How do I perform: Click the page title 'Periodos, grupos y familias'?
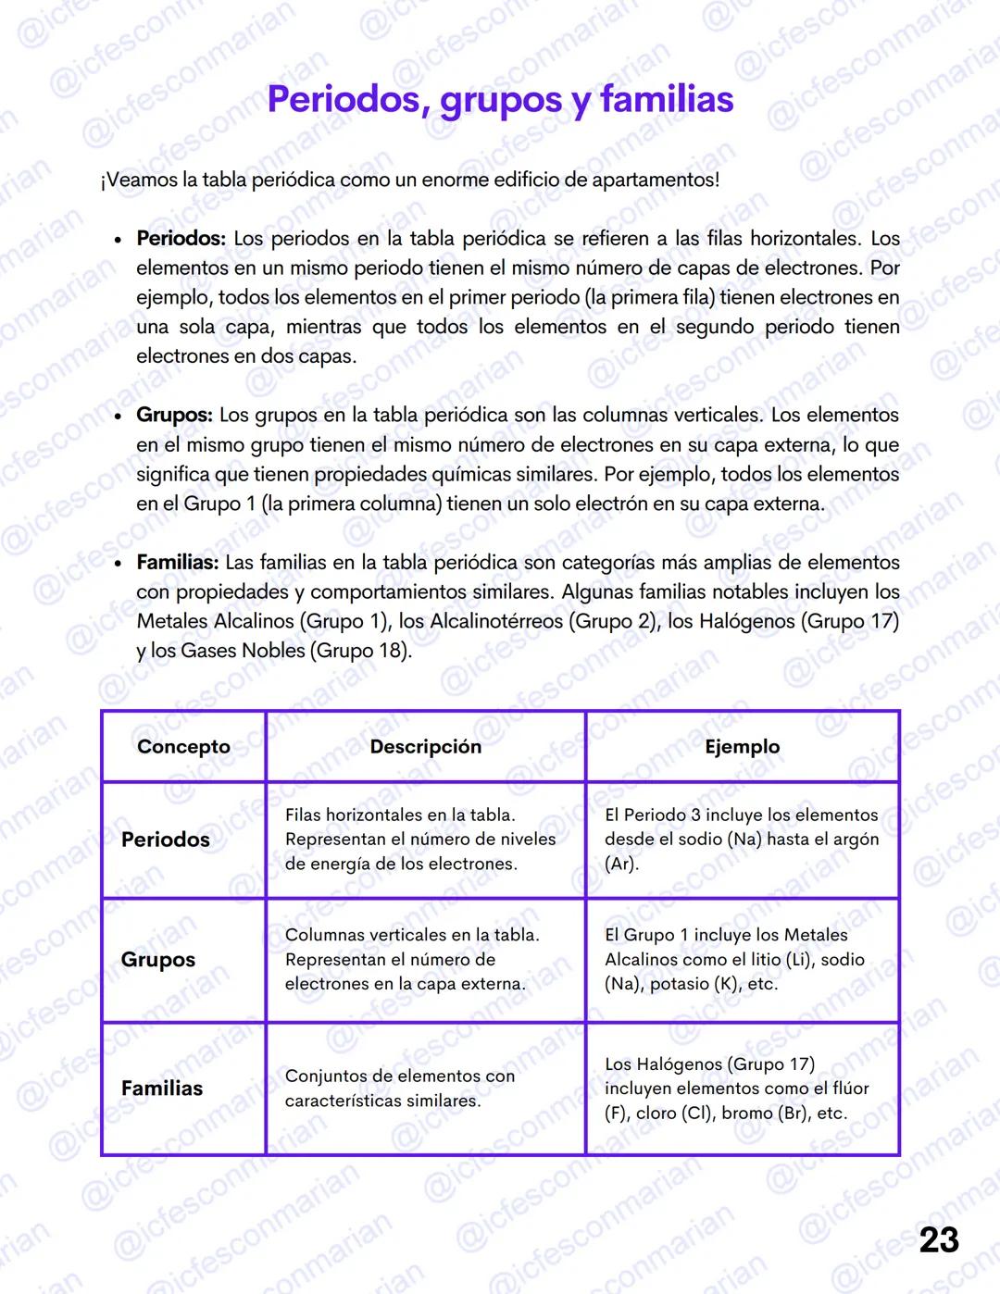500,100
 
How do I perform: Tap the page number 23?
938,1240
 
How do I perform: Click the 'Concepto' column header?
183,747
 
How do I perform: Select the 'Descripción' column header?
425,747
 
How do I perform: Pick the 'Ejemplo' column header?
742,747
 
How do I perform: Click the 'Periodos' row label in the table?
166,840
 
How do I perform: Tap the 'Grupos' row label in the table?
158,960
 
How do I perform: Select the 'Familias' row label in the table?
162,1089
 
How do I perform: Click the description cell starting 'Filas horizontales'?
420,840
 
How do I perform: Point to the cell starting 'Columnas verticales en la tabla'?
412,960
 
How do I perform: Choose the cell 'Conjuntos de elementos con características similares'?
399,1089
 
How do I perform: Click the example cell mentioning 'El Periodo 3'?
741,840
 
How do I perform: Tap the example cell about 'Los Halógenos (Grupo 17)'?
736,1089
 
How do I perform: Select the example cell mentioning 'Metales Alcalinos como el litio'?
734,960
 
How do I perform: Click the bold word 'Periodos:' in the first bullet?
181,239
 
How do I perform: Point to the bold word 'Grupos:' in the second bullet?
174,416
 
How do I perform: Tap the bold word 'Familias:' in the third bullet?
177,563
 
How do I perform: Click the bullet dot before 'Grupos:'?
118,417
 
